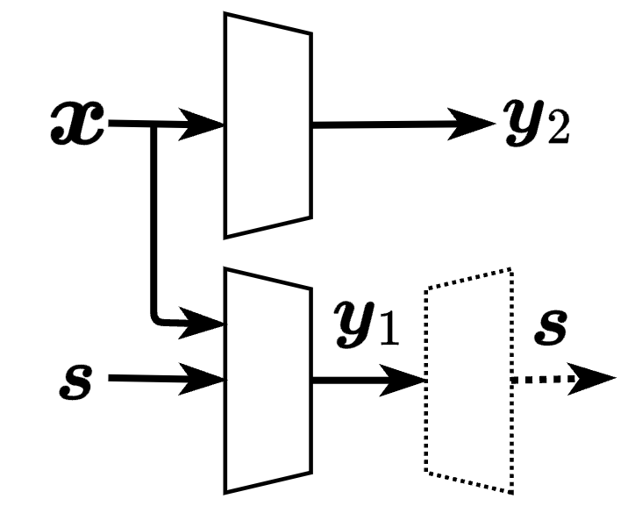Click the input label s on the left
(x=74, y=381)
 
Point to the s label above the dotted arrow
(x=550, y=329)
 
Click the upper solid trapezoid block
(x=267, y=125)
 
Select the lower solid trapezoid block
(x=267, y=380)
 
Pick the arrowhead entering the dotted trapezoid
(x=408, y=380)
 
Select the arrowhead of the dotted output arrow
(x=596, y=380)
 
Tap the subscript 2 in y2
(x=559, y=134)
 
